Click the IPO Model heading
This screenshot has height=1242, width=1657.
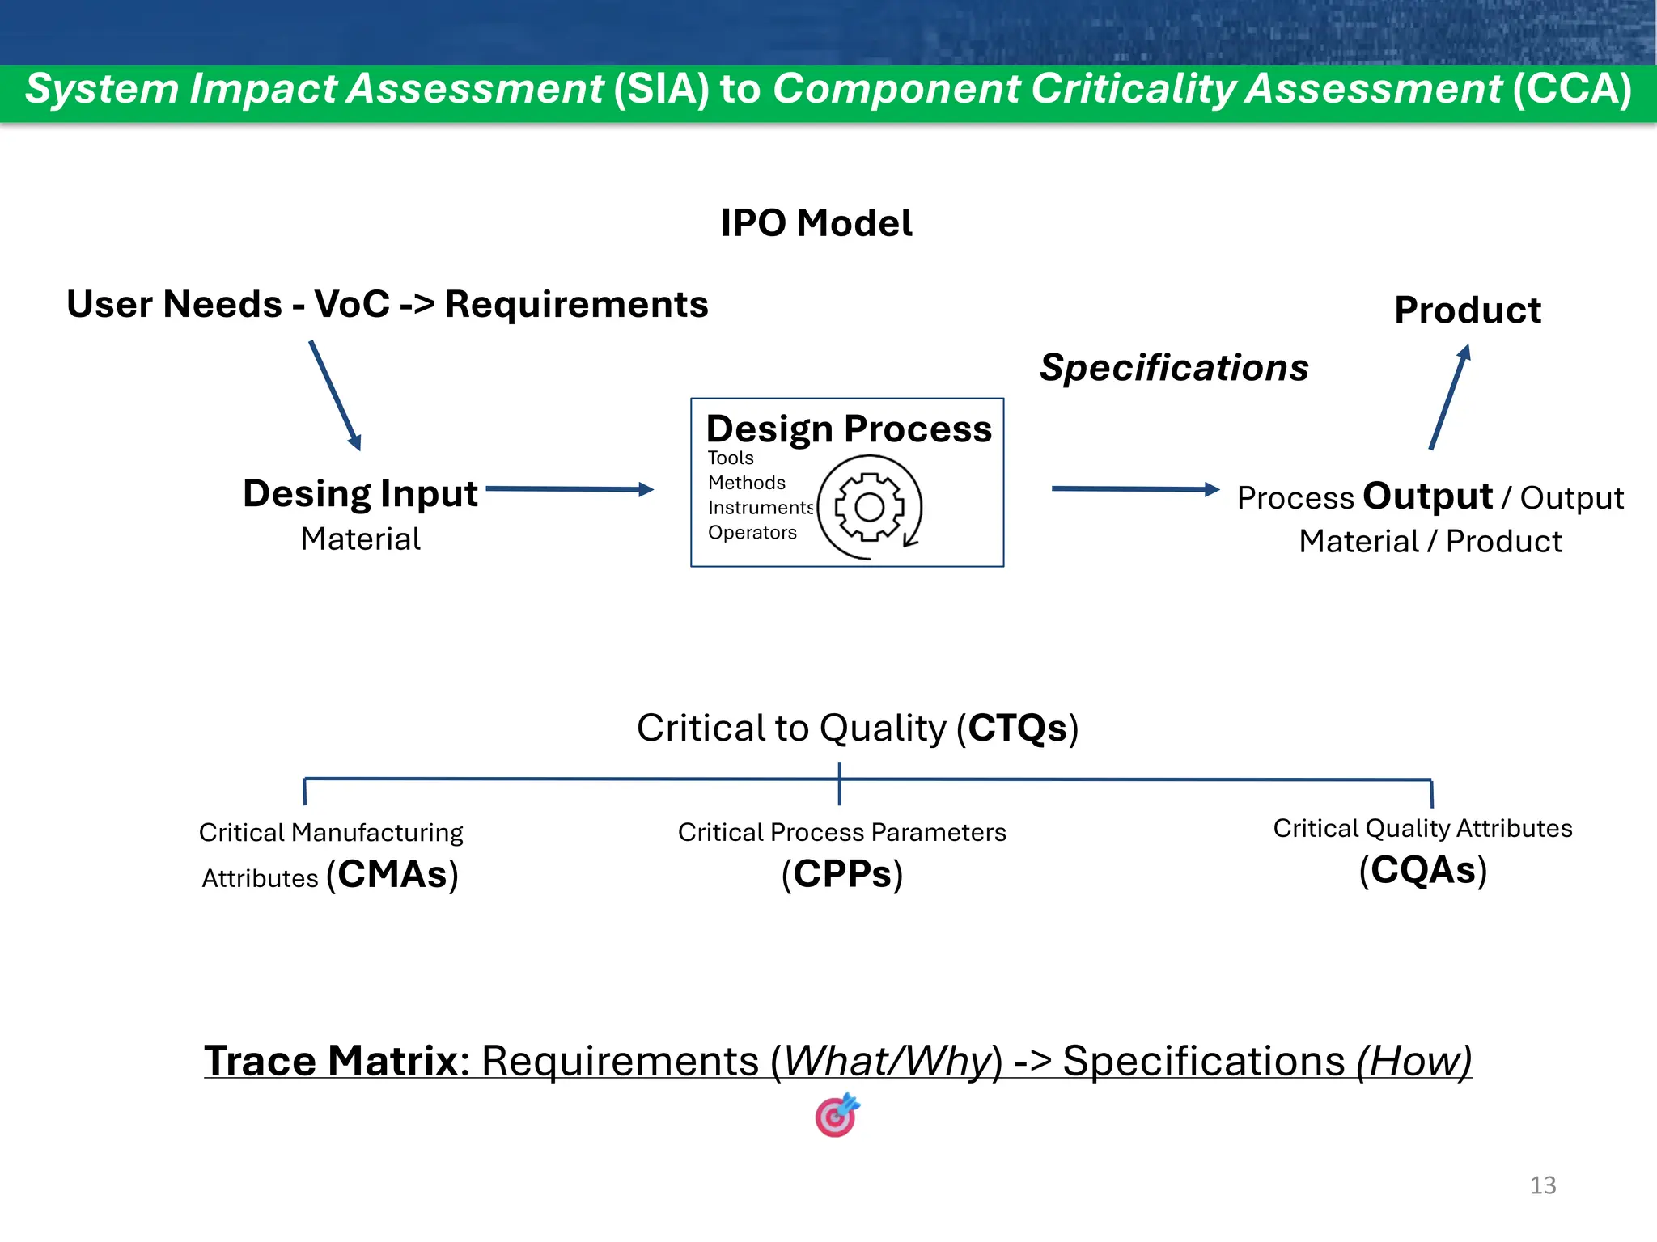pyautogui.click(x=816, y=223)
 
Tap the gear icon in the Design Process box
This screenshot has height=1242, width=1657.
pyautogui.click(x=870, y=508)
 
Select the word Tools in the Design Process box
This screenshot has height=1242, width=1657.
pyautogui.click(x=730, y=458)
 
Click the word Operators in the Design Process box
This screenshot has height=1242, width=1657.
pyautogui.click(x=752, y=532)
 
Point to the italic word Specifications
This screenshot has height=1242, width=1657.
pyautogui.click(x=1173, y=368)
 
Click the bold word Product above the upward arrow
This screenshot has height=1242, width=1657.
pyautogui.click(x=1467, y=310)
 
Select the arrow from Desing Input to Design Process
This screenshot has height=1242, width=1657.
pyautogui.click(x=570, y=488)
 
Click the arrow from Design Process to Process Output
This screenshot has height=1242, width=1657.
pyautogui.click(x=1134, y=488)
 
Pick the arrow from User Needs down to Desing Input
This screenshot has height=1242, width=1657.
pyautogui.click(x=335, y=395)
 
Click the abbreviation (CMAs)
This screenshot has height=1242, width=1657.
pyautogui.click(x=392, y=875)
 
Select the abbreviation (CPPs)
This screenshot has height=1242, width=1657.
pyautogui.click(x=841, y=875)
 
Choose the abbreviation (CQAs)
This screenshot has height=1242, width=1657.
pyautogui.click(x=1422, y=871)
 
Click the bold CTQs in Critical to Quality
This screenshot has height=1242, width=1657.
pyautogui.click(x=1017, y=728)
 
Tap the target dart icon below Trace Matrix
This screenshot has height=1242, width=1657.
pyautogui.click(x=837, y=1116)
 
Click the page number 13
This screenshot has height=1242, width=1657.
pyautogui.click(x=1542, y=1185)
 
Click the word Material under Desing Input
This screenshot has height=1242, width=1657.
pyautogui.click(x=360, y=539)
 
